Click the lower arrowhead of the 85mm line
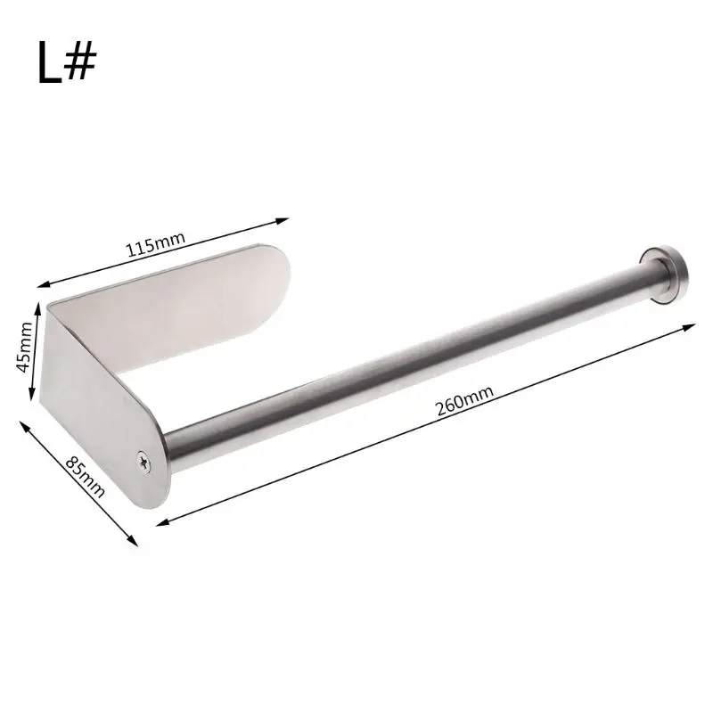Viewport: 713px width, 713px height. click(x=135, y=541)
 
